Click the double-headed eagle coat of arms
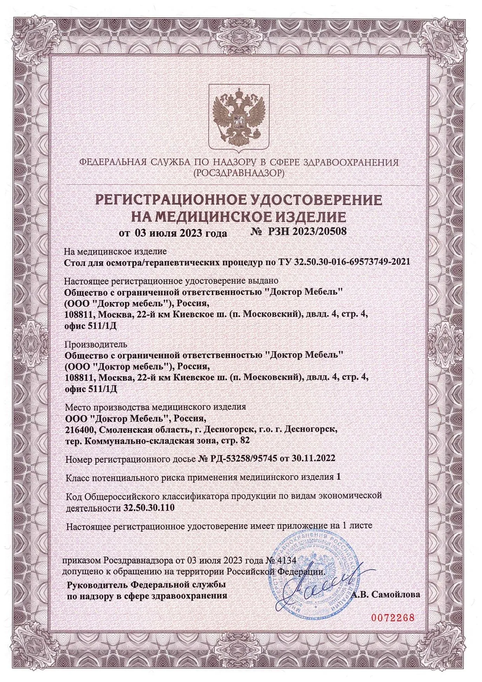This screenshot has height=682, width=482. (239, 118)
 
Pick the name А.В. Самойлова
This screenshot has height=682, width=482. (386, 594)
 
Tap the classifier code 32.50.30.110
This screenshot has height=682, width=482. (149, 508)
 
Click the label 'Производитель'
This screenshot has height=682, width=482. (96, 344)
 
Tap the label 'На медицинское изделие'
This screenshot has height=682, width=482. (115, 251)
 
